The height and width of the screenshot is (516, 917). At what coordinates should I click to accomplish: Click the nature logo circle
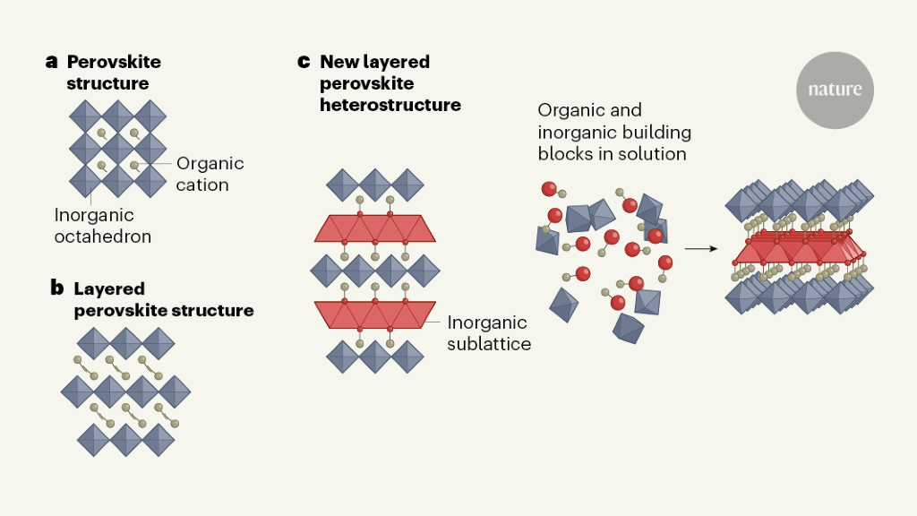(835, 90)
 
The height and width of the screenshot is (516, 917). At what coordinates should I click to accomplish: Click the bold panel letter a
(52, 62)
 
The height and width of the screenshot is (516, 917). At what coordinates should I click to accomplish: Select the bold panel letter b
(56, 288)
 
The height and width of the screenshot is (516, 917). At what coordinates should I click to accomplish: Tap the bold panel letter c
(304, 62)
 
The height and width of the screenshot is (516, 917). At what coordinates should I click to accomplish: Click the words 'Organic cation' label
(210, 174)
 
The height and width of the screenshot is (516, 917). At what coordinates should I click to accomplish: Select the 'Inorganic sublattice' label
(489, 332)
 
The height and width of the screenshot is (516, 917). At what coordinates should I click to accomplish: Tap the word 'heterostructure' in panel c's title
(390, 105)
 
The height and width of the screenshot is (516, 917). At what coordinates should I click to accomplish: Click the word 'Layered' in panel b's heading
(109, 288)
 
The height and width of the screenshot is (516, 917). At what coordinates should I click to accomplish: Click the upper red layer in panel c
(375, 228)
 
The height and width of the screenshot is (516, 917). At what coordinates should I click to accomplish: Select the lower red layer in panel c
(375, 315)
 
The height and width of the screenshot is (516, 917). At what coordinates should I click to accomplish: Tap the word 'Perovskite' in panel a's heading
(114, 62)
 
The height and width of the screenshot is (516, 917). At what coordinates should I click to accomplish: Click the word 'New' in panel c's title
(339, 62)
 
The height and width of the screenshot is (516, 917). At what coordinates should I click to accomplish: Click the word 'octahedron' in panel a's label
(102, 236)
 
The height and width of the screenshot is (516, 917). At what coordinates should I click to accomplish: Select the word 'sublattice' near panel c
(489, 343)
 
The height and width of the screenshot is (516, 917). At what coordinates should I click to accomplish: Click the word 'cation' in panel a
(202, 185)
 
